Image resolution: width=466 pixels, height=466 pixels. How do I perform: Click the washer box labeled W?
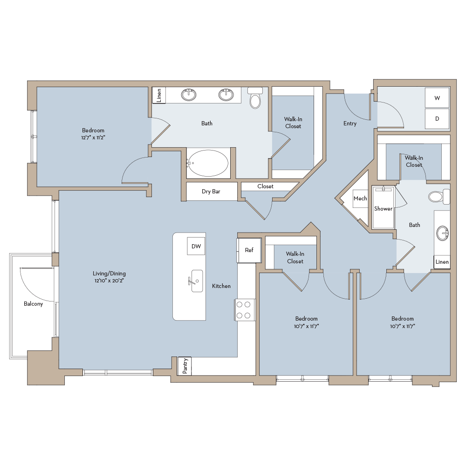click(437, 98)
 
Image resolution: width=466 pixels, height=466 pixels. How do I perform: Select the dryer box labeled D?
click(437, 119)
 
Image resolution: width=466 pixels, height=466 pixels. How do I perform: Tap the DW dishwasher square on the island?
click(196, 247)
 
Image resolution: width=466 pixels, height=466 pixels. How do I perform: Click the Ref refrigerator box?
click(249, 250)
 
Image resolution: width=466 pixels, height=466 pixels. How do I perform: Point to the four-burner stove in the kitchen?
click(244, 310)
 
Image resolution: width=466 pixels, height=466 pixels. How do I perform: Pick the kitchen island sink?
click(197, 281)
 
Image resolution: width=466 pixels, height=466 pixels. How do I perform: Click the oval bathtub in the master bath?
click(208, 163)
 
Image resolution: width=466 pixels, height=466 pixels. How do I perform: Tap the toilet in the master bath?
click(255, 99)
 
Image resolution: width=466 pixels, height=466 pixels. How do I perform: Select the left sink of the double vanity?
click(189, 95)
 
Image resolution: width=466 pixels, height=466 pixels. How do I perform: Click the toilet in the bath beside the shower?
click(437, 197)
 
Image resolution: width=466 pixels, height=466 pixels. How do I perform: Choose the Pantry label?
click(185, 366)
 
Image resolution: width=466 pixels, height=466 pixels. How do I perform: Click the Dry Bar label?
click(211, 192)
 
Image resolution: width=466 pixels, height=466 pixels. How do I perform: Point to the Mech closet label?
click(360, 199)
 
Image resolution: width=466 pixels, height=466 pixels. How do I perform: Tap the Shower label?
click(383, 209)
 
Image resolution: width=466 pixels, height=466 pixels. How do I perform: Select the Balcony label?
click(33, 304)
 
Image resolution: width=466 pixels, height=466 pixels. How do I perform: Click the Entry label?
click(349, 123)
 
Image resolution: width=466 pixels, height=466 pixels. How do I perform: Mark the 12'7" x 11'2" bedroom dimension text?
click(93, 138)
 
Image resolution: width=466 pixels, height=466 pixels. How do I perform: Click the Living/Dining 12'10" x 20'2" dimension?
click(109, 281)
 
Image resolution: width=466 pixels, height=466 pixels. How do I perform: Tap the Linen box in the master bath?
click(159, 95)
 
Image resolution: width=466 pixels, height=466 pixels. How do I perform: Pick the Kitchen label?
click(221, 286)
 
